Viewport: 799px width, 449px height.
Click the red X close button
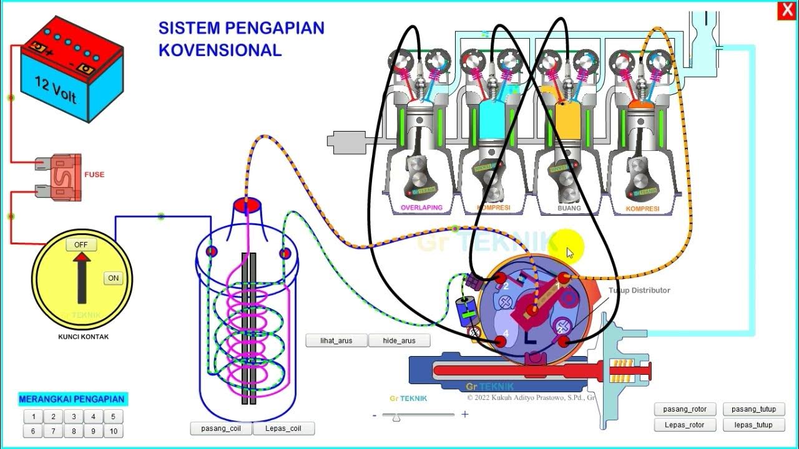[x=785, y=11]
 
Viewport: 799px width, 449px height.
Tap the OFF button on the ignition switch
[x=81, y=244]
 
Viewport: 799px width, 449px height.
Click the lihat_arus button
[x=336, y=340]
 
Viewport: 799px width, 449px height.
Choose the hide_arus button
[x=399, y=340]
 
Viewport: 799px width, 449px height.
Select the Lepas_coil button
[x=283, y=428]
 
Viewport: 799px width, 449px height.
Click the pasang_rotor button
[x=685, y=409]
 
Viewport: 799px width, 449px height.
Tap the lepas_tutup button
[x=754, y=425]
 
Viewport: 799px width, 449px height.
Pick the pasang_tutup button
[x=754, y=409]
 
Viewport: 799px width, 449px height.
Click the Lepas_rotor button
[x=685, y=425]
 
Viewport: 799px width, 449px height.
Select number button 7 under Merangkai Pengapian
[x=53, y=431]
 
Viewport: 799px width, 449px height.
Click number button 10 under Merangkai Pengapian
[x=113, y=431]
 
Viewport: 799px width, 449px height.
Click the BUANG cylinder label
[x=569, y=208]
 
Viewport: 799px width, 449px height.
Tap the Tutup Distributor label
[x=639, y=290]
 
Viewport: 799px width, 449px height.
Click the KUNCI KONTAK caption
[x=82, y=337]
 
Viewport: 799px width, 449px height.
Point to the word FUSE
[x=94, y=175]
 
